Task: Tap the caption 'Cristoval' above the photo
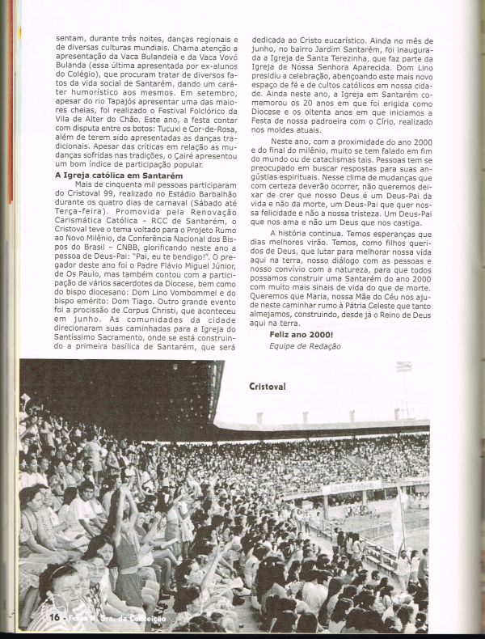(267, 387)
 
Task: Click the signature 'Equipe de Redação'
(305, 345)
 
